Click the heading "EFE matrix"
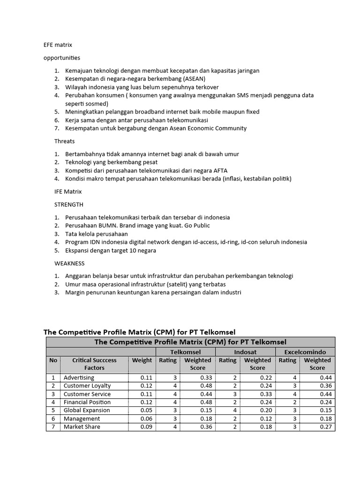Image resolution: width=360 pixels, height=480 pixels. point(58,45)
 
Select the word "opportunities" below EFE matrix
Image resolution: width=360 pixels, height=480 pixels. point(61,58)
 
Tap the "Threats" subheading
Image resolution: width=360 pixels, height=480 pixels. point(65,141)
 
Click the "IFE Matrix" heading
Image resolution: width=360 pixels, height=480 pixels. point(68,191)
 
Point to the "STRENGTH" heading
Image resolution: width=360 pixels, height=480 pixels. point(69,204)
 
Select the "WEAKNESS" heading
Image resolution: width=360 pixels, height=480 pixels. point(69,263)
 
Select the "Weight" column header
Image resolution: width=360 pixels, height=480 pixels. point(142,360)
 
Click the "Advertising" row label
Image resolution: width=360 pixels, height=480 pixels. point(79,377)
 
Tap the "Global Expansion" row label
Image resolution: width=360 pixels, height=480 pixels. point(87,410)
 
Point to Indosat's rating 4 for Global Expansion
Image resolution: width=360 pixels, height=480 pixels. point(235,410)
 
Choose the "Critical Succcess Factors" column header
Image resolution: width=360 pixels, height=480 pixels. point(95,364)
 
